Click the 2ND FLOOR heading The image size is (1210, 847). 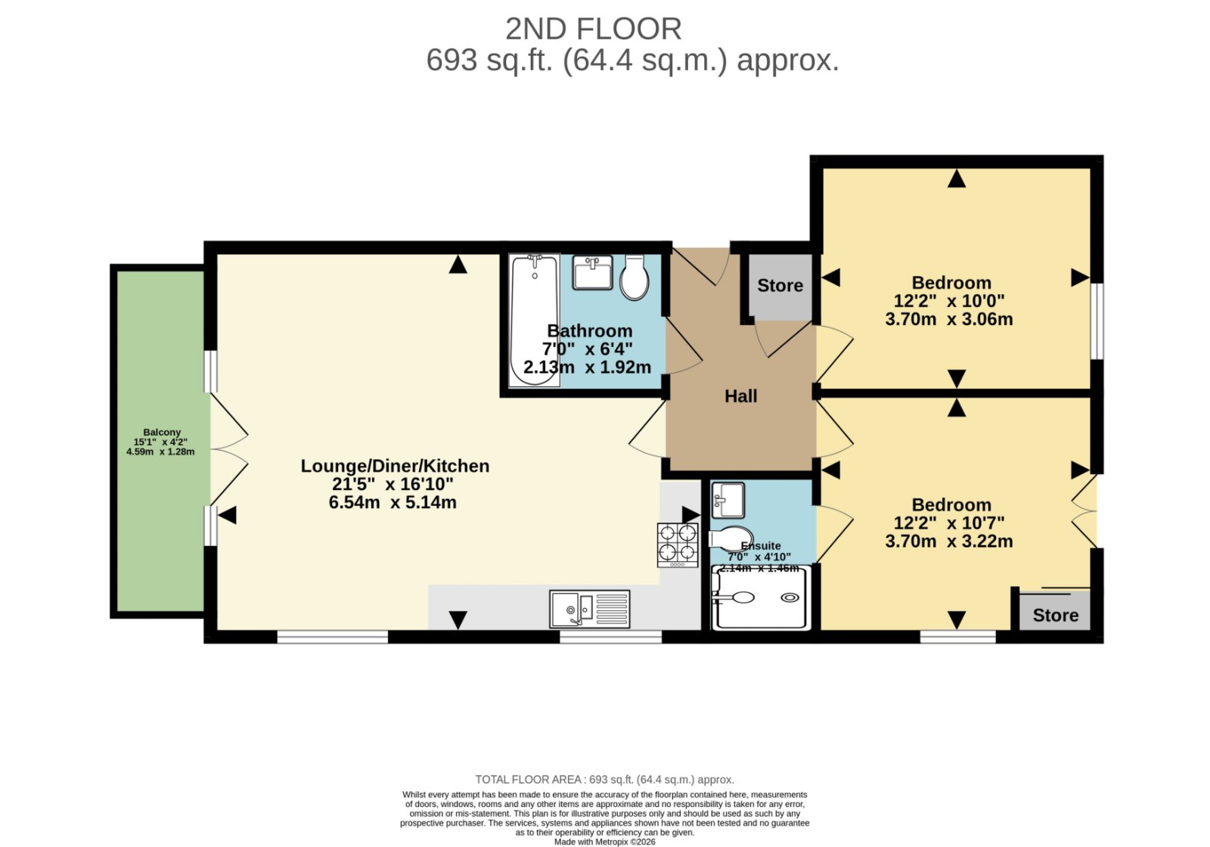pos(593,29)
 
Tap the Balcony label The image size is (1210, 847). pos(162,432)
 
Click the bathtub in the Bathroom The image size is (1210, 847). pos(534,321)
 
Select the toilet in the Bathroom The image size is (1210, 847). pos(634,277)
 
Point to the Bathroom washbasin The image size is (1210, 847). pos(592,272)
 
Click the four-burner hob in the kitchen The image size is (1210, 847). pos(678,545)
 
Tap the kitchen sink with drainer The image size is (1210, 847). pos(589,609)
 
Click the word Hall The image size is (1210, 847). pos(740,396)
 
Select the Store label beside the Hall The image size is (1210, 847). pos(780,285)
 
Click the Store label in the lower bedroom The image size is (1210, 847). pos(1056,616)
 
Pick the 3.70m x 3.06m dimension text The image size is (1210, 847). pos(949,318)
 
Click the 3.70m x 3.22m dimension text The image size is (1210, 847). pos(949,541)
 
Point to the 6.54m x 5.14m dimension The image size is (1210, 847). pos(392,502)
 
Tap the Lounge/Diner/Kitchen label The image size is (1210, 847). pos(395,466)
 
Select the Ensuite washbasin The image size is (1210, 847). pos(728,500)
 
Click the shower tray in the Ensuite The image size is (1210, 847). pos(761,597)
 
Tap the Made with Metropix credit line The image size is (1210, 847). pos(604,842)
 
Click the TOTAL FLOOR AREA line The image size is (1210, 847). pos(604,780)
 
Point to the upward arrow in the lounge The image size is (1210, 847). pos(458,264)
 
